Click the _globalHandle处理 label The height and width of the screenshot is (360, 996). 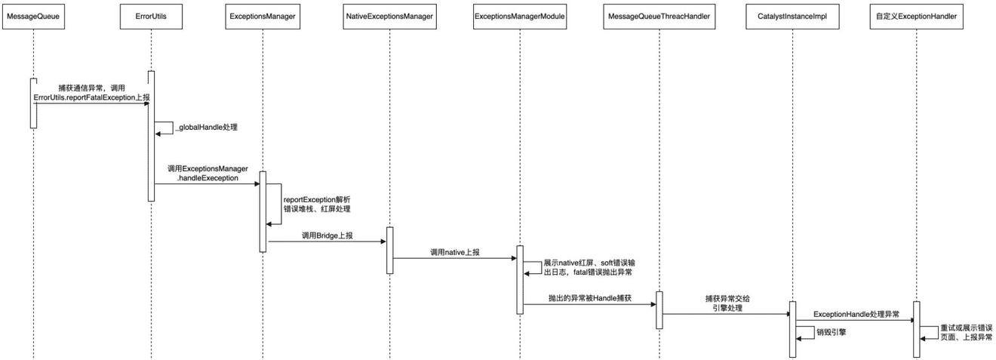206,128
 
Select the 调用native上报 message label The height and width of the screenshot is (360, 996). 454,252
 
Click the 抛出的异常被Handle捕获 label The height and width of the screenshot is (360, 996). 589,299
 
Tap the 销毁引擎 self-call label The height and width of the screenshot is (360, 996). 831,331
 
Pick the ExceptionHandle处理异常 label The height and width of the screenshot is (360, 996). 856,314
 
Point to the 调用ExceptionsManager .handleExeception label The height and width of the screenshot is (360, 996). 207,173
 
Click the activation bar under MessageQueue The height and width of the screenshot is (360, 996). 33,103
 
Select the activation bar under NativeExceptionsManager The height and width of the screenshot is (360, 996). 389,250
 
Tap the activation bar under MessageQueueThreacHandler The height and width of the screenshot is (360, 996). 659,309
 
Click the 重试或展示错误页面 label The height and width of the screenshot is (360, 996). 966,333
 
